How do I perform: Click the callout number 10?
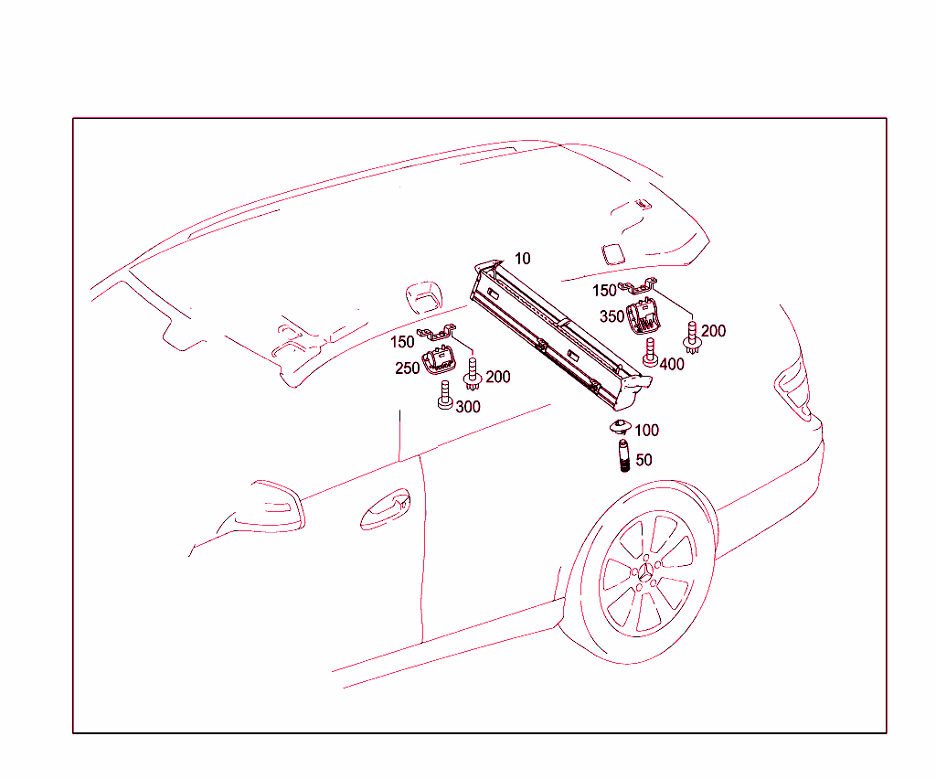click(522, 259)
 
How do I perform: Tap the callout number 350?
click(612, 316)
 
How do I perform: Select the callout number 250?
click(407, 368)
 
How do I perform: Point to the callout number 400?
click(672, 364)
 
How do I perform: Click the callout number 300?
click(468, 407)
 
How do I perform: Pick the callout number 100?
click(646, 431)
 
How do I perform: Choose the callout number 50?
click(643, 460)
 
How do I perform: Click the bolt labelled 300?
click(445, 396)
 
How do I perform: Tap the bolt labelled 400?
click(650, 352)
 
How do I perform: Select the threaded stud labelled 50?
click(623, 455)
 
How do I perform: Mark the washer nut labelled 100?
click(621, 427)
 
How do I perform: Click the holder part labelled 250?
click(438, 360)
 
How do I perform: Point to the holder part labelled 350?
click(643, 315)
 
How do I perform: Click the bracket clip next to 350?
click(637, 286)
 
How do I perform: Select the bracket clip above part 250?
click(436, 333)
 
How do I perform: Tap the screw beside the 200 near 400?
click(692, 338)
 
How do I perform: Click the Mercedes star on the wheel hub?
click(647, 572)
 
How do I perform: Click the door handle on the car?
click(385, 510)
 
